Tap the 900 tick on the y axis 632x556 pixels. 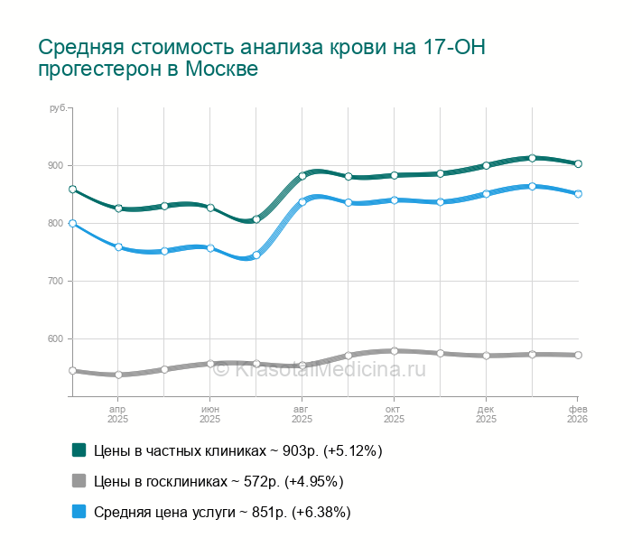tap(56, 166)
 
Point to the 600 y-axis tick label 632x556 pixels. tap(56, 339)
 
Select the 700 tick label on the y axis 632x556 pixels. tap(56, 282)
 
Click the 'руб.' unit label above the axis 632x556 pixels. tap(58, 108)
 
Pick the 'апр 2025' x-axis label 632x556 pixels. tap(117, 414)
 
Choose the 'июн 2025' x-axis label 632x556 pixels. tap(209, 414)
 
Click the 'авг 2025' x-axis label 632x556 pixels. tap(302, 414)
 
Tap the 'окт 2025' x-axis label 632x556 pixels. tap(394, 414)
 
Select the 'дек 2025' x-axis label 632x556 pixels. tap(486, 414)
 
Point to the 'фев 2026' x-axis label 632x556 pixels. tap(577, 414)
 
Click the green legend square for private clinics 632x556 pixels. tap(79, 450)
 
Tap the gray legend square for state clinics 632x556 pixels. tap(79, 481)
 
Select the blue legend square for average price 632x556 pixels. tap(79, 512)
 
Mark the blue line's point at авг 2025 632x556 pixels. tap(302, 202)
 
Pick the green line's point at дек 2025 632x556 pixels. tap(486, 165)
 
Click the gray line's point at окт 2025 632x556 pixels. tap(395, 351)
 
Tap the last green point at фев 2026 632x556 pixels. tap(578, 163)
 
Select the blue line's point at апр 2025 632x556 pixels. tap(118, 246)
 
